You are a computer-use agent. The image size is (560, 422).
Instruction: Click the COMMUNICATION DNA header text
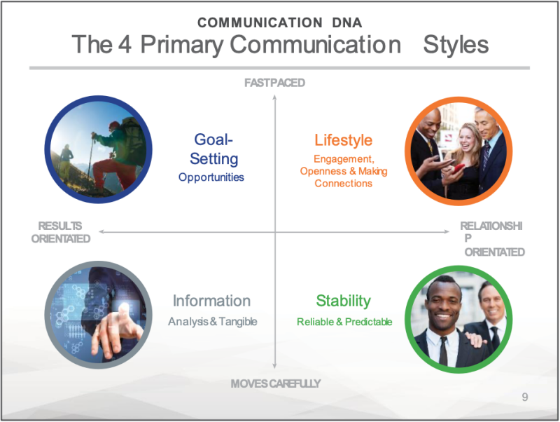point(279,22)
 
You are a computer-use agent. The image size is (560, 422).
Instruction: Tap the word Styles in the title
point(456,45)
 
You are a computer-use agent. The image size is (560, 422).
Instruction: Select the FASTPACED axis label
point(274,83)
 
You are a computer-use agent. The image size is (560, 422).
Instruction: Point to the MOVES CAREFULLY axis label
point(275,383)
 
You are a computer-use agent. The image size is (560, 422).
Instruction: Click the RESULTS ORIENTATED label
point(61,232)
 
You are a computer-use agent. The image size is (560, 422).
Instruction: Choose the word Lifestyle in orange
point(343,139)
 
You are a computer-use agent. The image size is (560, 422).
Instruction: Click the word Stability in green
point(343,301)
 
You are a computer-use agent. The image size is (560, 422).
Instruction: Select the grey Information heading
point(211,301)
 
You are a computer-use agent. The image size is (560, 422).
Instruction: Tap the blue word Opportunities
point(211,177)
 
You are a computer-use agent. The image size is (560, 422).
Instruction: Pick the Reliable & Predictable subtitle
point(344,322)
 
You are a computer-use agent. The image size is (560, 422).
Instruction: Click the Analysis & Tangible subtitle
point(213,322)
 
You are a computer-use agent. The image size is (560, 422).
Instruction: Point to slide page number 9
point(524,397)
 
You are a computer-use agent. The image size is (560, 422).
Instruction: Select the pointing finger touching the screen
point(124,312)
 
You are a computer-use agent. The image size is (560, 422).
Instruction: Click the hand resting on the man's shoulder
point(475,339)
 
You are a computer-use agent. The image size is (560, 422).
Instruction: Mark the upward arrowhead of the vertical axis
point(274,97)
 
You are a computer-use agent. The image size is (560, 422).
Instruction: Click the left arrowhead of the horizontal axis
point(101,232)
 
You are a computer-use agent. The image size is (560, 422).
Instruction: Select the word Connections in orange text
point(343,184)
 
